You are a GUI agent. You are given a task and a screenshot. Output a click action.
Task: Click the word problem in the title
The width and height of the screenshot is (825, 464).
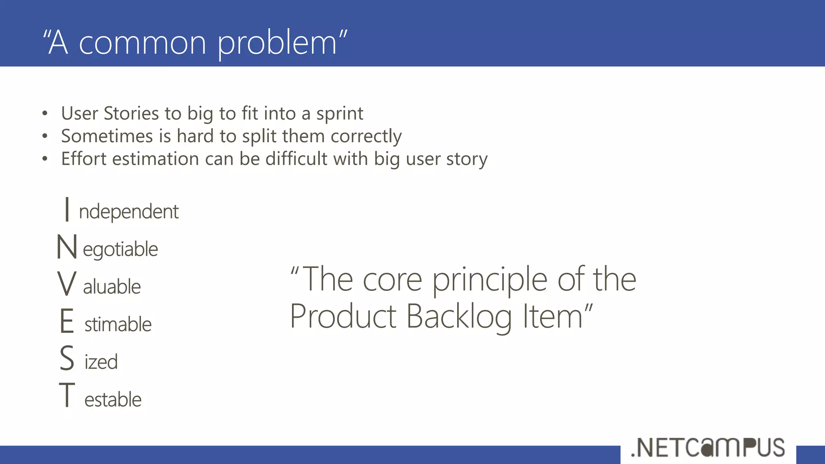click(277, 43)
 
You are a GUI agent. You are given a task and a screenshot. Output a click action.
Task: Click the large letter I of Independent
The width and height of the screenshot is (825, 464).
click(67, 209)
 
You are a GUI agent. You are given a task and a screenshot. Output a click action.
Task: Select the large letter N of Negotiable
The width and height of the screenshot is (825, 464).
click(66, 247)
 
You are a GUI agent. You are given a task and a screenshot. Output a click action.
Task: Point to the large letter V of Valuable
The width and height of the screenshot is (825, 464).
click(66, 284)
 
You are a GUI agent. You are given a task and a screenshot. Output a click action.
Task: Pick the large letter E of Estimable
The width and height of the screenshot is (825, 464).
click(67, 321)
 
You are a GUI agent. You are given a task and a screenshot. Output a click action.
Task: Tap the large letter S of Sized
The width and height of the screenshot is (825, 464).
click(67, 358)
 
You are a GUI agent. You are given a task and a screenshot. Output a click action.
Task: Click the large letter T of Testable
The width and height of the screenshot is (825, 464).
click(67, 395)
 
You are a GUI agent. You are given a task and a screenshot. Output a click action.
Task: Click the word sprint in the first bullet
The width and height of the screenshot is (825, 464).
click(340, 114)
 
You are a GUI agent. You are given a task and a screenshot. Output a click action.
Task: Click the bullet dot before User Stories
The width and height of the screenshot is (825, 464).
click(45, 114)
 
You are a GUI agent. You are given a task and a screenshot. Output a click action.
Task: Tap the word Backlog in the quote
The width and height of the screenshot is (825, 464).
click(459, 317)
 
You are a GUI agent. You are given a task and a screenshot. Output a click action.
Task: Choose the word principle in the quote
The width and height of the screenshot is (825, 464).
click(489, 280)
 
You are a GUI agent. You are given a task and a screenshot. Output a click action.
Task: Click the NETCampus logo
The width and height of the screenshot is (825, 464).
click(708, 447)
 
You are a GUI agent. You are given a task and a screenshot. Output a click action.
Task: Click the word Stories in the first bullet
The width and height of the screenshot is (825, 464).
click(131, 114)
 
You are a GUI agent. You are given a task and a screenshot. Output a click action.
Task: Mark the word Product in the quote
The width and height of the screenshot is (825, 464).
click(343, 317)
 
